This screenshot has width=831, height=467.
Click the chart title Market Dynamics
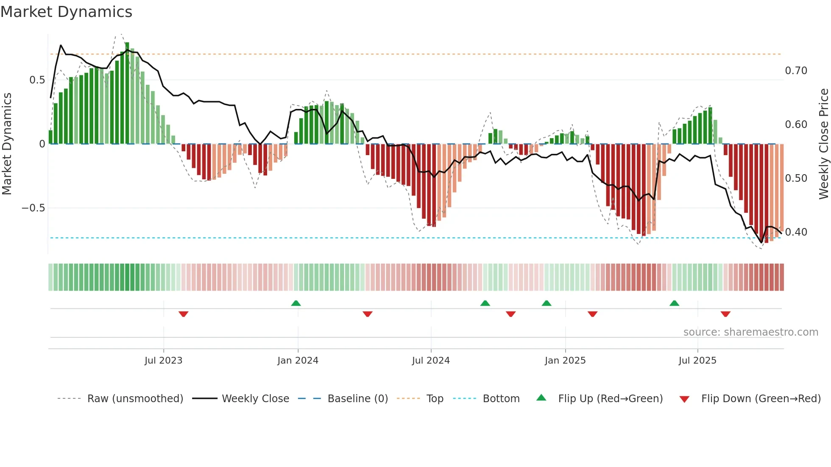point(67,12)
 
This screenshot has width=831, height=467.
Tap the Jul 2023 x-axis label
point(163,361)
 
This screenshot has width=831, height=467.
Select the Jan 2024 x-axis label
point(298,361)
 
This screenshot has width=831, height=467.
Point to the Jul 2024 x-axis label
point(431,361)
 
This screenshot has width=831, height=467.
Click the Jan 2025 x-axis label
point(565,361)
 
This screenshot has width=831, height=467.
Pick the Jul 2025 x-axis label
point(697,361)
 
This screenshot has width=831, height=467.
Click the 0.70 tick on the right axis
point(796,71)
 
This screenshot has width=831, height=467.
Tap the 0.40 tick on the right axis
point(796,232)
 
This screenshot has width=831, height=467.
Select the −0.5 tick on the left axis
point(33,208)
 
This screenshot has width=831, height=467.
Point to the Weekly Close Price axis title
point(823,144)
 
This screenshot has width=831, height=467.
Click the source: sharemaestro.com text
point(750,332)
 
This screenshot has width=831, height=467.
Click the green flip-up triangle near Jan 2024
point(296,303)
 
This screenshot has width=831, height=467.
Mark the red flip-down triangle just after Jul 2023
point(183,314)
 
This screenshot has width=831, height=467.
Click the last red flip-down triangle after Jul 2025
point(725,314)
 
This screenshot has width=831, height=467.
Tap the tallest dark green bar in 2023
point(127,93)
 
